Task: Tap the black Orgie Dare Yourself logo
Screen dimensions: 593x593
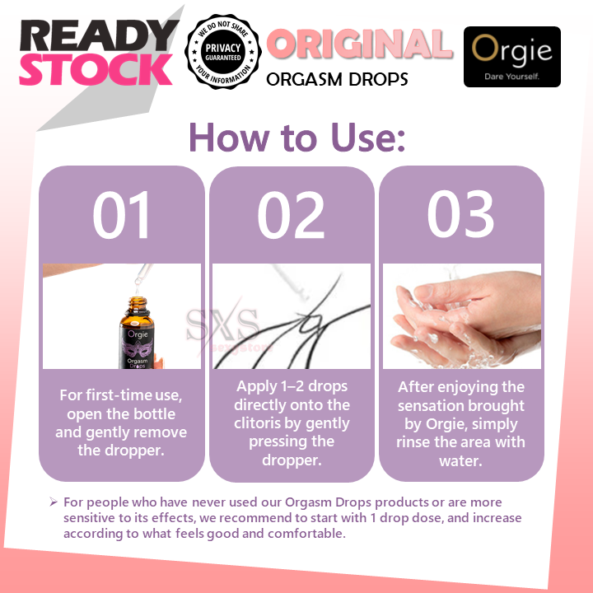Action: coord(511,57)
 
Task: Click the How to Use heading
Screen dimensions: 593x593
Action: coord(296,137)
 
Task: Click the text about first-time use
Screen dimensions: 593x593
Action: coord(122,423)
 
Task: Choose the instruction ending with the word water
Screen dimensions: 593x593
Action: coord(461,423)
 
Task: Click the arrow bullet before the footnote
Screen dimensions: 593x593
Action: coord(53,502)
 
